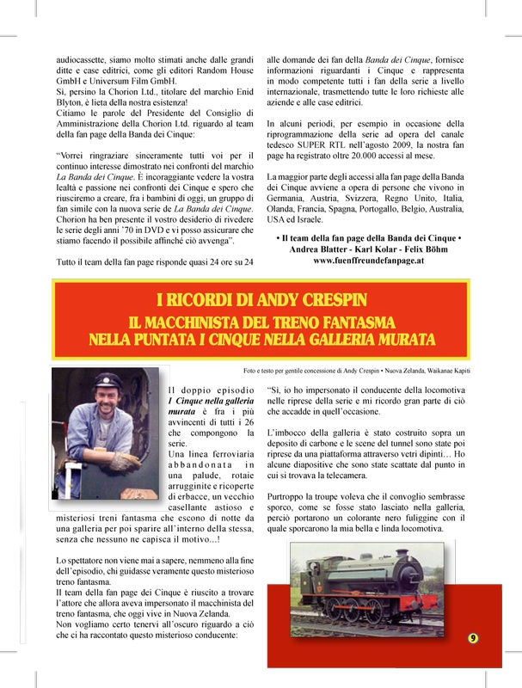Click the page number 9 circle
(474, 637)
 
